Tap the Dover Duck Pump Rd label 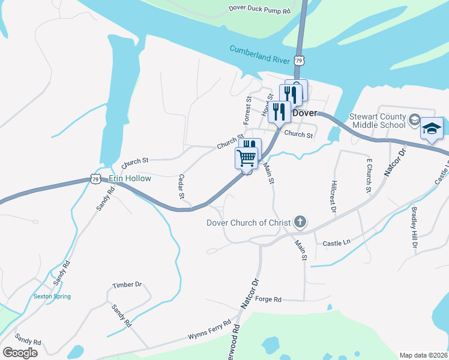259,10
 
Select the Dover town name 304,113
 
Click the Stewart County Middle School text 378,121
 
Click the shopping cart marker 246,158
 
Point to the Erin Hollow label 130,178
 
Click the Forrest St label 247,107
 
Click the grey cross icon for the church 301,223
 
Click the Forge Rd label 268,299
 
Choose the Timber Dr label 127,285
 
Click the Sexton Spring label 52,296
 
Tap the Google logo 20,352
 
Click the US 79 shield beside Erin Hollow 95,178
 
